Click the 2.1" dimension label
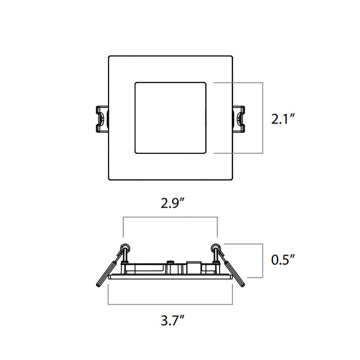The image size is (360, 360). (283, 119)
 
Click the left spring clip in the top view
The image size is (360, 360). (101, 118)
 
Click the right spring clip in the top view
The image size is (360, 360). (239, 118)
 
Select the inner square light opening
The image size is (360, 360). (170, 118)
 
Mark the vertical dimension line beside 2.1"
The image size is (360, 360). (263, 118)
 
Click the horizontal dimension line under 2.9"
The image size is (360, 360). (170, 218)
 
